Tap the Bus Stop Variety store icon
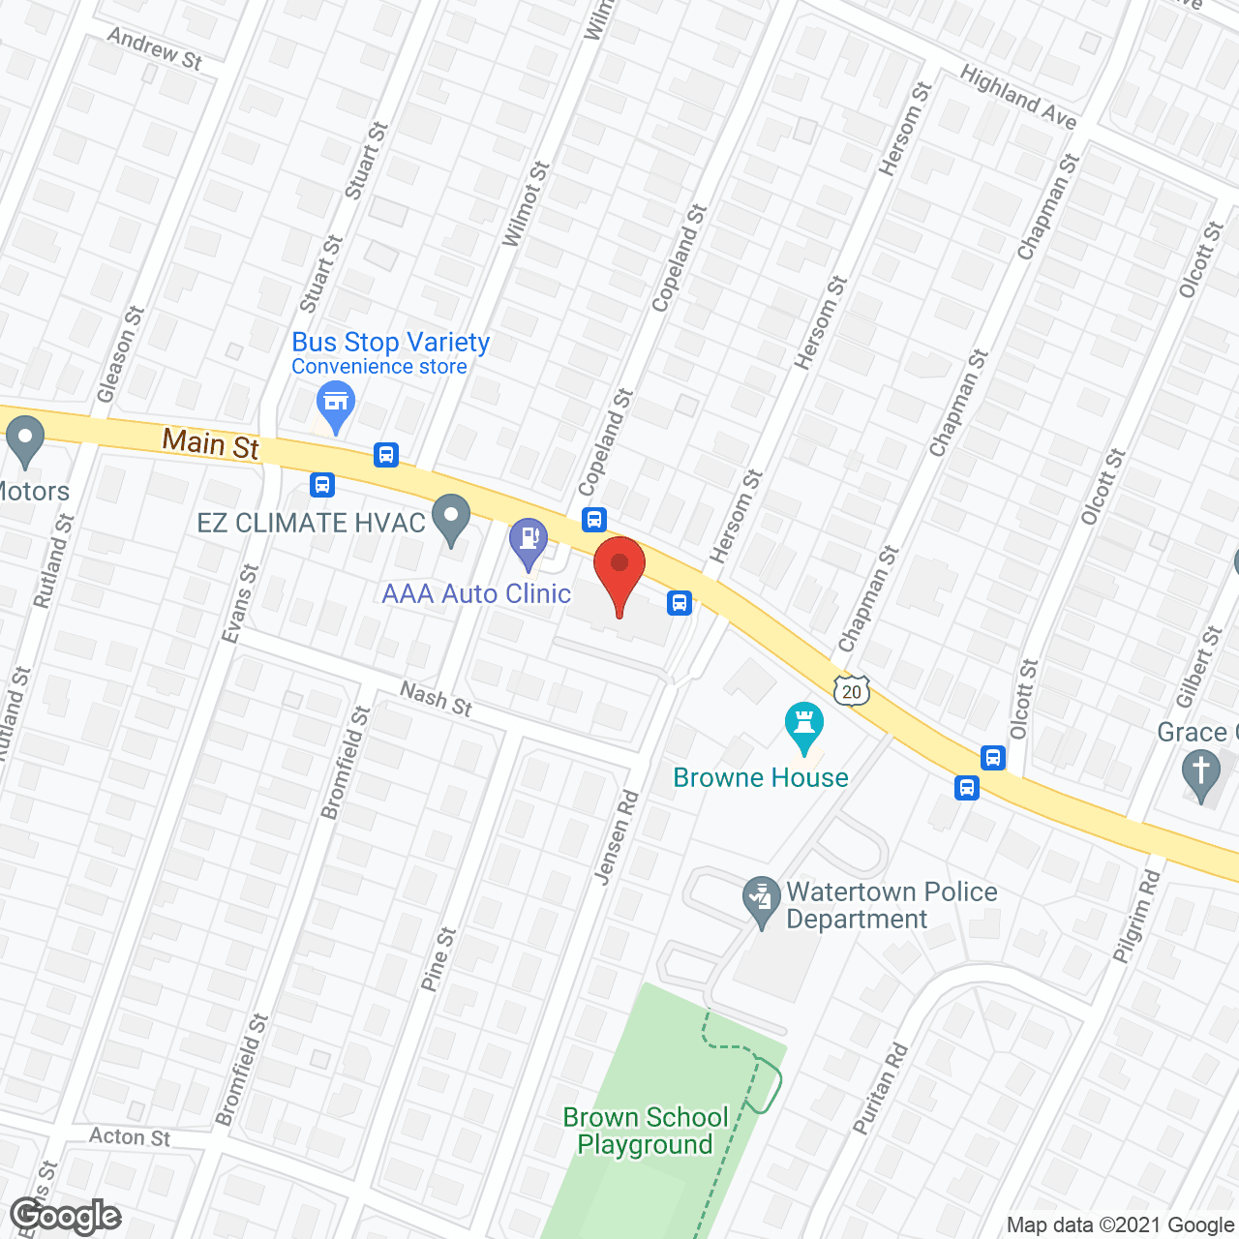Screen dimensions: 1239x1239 coord(335,403)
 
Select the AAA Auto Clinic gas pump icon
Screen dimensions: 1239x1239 coord(529,539)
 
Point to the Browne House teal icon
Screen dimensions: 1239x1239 coord(804,725)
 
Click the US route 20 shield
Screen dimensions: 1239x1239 coord(852,691)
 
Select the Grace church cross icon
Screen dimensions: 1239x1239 coord(1201,774)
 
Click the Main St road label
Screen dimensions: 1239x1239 coord(211,443)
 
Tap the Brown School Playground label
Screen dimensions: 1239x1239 coord(646,1131)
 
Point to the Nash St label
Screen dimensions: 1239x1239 coord(437,699)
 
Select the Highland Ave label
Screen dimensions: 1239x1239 coord(1018,98)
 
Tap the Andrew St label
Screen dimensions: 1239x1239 coord(155,48)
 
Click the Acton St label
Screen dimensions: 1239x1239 coord(130,1136)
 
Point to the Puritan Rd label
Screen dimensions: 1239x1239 coord(881,1088)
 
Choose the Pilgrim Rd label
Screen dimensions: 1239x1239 coord(1136,916)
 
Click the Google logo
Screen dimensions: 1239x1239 coord(66,1216)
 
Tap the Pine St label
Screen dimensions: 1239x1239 coord(438,959)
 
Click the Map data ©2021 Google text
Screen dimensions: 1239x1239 coord(1120,1225)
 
